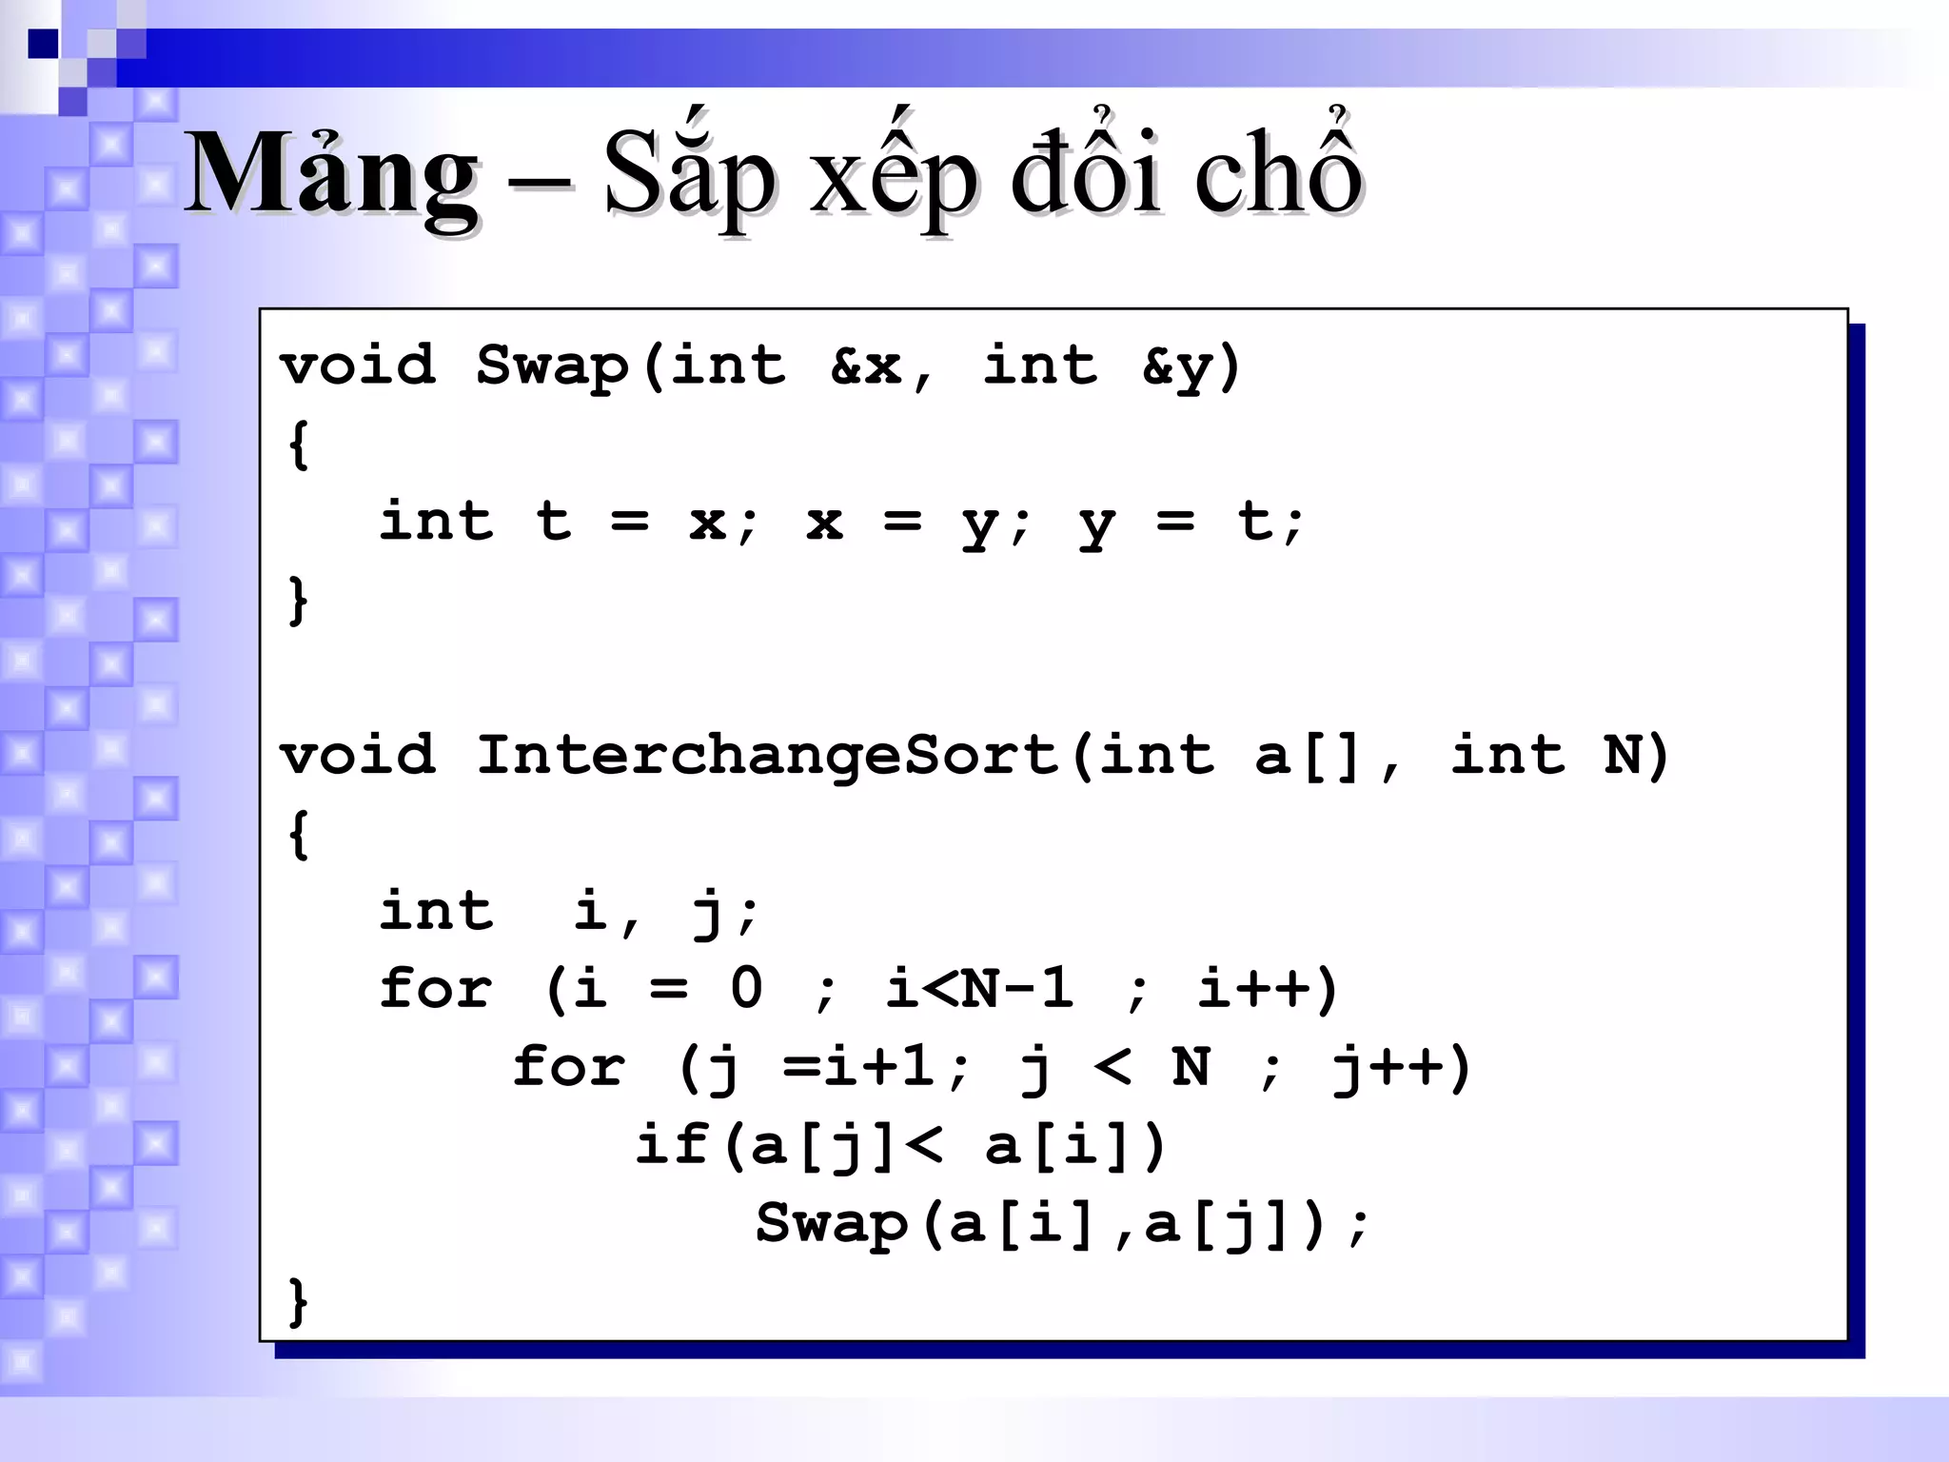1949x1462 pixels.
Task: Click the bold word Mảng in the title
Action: pos(331,176)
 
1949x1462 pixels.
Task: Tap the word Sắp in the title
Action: pos(690,176)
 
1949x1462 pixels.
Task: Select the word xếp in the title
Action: pos(893,176)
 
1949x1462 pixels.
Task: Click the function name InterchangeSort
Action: pos(767,756)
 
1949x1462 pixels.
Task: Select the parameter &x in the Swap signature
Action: pos(866,366)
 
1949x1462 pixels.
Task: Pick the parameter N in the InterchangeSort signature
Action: pos(1622,756)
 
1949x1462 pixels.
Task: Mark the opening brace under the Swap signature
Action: pos(298,445)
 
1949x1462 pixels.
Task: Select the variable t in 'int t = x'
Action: pos(553,522)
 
